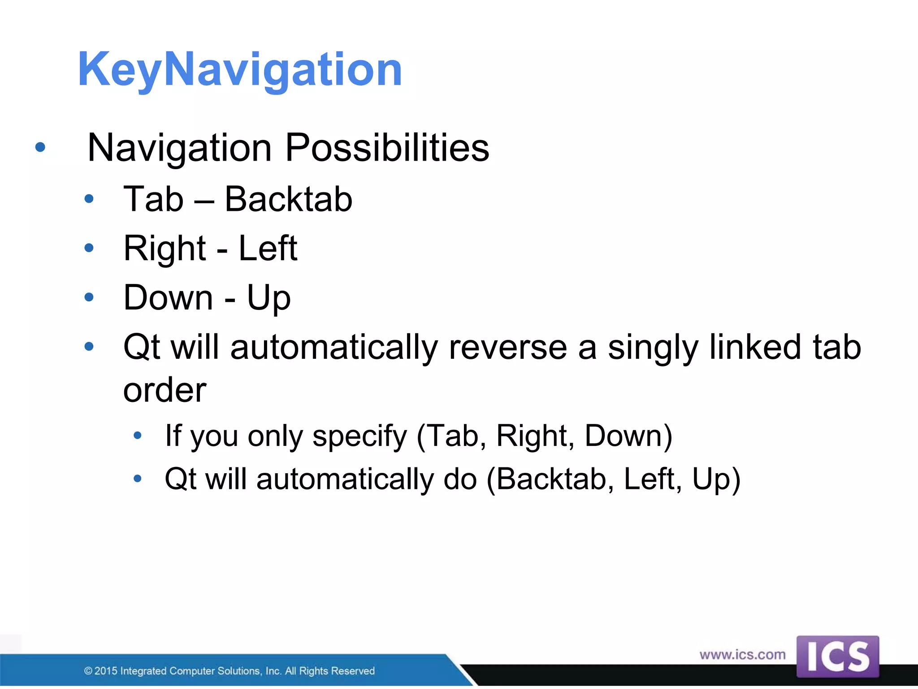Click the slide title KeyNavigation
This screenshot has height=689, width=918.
point(240,70)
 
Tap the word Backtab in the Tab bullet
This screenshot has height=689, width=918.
point(288,199)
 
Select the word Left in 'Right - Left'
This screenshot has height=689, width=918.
point(268,248)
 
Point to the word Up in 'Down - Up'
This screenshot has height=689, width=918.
point(268,297)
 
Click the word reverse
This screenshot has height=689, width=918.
point(508,347)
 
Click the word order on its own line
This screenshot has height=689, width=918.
point(165,390)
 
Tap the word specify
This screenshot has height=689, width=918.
point(359,436)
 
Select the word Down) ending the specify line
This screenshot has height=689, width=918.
point(628,436)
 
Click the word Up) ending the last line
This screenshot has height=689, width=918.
point(716,479)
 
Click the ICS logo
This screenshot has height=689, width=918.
point(837,657)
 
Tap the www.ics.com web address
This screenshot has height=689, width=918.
point(742,654)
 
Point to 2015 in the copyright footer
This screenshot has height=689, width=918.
point(105,671)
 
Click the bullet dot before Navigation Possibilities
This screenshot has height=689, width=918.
point(40,147)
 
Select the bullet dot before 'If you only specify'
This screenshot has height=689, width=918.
point(138,435)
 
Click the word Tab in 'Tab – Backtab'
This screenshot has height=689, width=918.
point(153,199)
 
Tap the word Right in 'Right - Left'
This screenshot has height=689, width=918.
point(165,248)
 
